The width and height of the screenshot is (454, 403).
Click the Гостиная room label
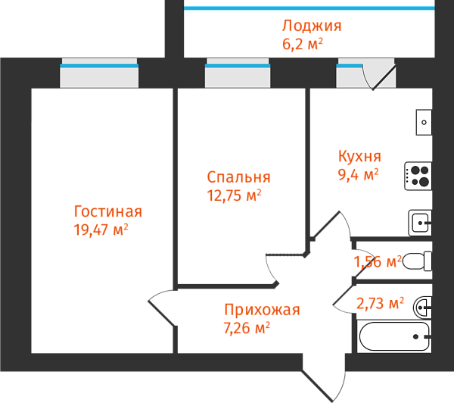pos(107,212)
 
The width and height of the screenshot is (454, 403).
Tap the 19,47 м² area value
pos(101,230)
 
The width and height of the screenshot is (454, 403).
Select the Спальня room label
pos(238,177)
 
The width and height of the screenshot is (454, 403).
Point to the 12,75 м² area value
pos(234,195)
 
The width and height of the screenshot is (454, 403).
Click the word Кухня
pos(359,157)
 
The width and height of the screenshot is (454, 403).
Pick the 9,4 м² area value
pos(358,175)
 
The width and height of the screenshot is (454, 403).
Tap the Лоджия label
pos(312,26)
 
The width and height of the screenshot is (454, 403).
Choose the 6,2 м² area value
pos(303,43)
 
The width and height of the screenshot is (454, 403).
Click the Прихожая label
pos(262,310)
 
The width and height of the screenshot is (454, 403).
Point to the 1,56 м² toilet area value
pos(377,262)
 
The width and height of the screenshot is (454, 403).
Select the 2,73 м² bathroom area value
pos(380,304)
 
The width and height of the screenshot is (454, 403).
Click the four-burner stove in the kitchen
pos(418,177)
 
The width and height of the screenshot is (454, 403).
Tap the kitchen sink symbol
pos(420,223)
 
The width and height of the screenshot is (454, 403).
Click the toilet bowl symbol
pos(417,261)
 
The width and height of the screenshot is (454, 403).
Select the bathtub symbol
pos(394,336)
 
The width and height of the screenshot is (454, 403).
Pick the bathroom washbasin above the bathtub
pos(423,306)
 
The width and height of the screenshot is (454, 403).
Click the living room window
pos(99,76)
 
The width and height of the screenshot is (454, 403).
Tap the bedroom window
pos(238,76)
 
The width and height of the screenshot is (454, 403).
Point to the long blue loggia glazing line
pos(309,8)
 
